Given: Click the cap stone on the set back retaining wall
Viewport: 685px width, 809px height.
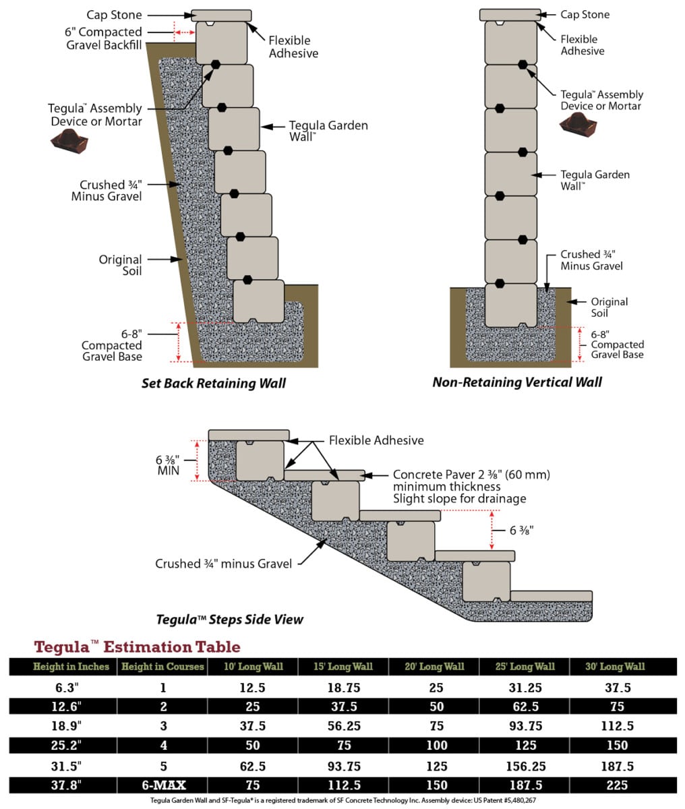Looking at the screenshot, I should click(x=221, y=16).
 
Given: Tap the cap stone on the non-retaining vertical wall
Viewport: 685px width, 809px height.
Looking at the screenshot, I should click(x=510, y=15).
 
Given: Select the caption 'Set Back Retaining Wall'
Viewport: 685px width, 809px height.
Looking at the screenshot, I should click(x=214, y=384).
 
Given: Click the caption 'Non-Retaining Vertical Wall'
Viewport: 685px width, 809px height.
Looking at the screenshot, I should click(x=517, y=382).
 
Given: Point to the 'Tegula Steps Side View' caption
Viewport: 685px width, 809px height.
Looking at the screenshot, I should click(x=230, y=619).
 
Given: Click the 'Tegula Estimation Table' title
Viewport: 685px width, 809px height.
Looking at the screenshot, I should click(x=137, y=647).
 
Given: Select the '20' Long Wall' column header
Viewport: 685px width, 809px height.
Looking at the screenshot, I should click(x=434, y=667).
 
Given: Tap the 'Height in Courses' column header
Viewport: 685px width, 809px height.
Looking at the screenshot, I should click(x=162, y=667).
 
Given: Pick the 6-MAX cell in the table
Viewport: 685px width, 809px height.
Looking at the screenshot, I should click(x=162, y=785).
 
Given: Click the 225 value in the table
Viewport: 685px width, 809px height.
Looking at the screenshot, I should click(x=616, y=785).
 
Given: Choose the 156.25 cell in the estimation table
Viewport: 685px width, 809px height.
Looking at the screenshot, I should click(x=524, y=766).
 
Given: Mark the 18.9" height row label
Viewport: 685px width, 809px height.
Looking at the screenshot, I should click(x=61, y=727).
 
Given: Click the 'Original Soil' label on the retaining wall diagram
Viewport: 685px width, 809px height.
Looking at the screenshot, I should click(x=120, y=266).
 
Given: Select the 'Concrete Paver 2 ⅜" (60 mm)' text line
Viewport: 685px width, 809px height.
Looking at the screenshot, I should click(x=471, y=475).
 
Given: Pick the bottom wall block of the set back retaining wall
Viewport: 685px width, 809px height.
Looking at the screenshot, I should click(x=258, y=301).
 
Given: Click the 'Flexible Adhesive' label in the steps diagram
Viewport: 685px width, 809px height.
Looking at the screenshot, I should click(x=376, y=440).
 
